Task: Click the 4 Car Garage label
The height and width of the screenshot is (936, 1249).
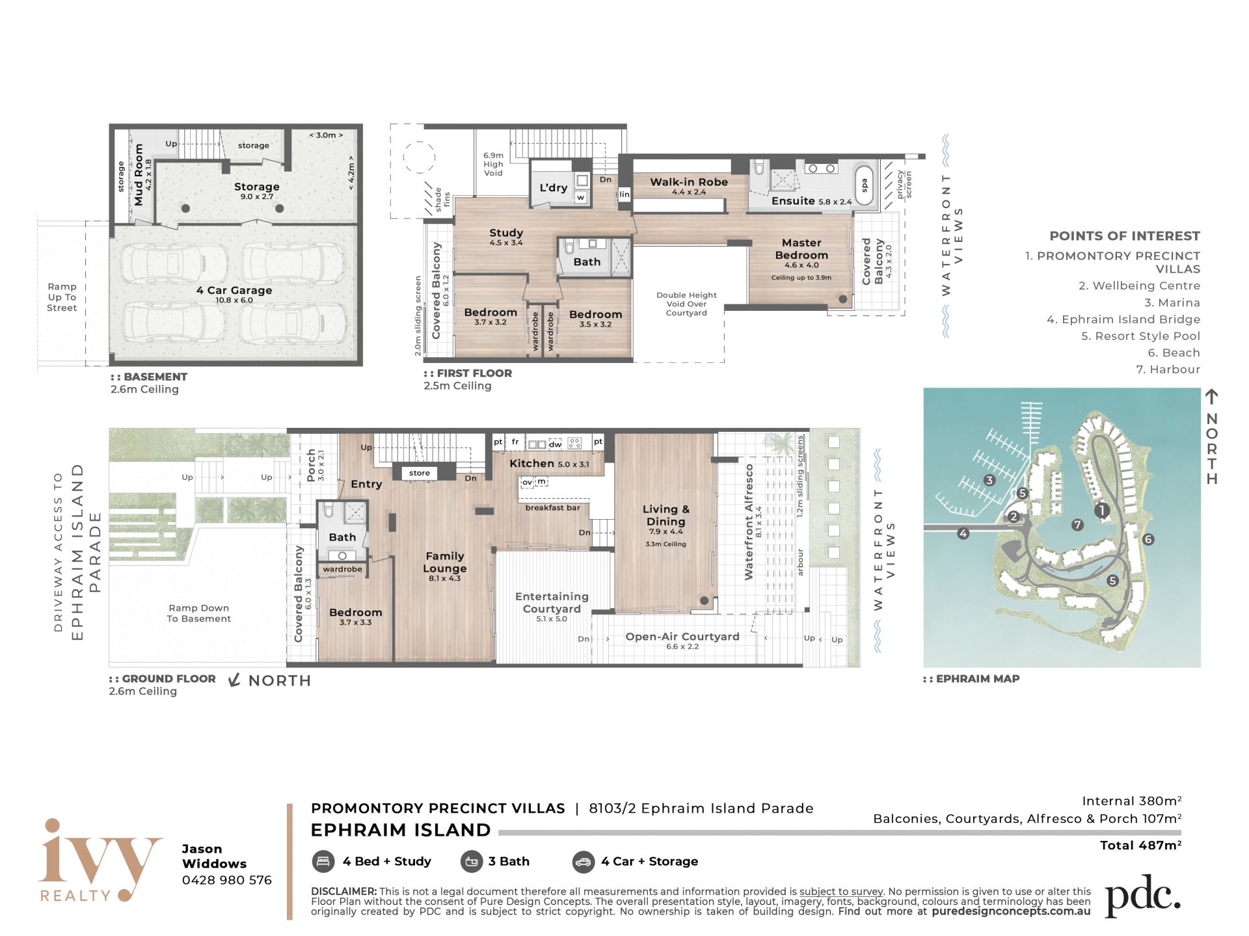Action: click(234, 290)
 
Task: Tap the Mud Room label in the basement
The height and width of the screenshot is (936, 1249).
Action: click(139, 175)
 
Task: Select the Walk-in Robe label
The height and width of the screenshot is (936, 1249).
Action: click(689, 182)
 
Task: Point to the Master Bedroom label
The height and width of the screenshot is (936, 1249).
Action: click(801, 249)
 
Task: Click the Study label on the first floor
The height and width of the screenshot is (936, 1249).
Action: click(506, 233)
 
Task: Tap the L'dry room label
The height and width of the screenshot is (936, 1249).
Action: click(554, 188)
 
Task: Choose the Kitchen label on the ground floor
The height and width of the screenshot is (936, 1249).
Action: click(531, 463)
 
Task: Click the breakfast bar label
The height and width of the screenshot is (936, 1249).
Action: click(553, 507)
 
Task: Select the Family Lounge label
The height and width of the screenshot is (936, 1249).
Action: click(445, 562)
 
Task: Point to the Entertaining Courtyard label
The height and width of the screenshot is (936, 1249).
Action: click(552, 602)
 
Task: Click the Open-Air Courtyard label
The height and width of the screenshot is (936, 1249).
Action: click(682, 636)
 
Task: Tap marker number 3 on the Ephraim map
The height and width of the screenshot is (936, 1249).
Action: click(989, 481)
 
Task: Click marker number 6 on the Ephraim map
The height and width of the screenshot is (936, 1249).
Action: click(1148, 539)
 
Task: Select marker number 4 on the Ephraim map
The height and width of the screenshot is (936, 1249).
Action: click(963, 533)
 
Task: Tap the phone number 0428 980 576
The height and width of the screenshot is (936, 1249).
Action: click(227, 880)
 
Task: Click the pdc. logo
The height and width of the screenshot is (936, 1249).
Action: click(1142, 896)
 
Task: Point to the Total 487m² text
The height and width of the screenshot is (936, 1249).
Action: click(1140, 845)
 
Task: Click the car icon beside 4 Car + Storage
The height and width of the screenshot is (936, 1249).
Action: click(584, 862)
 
